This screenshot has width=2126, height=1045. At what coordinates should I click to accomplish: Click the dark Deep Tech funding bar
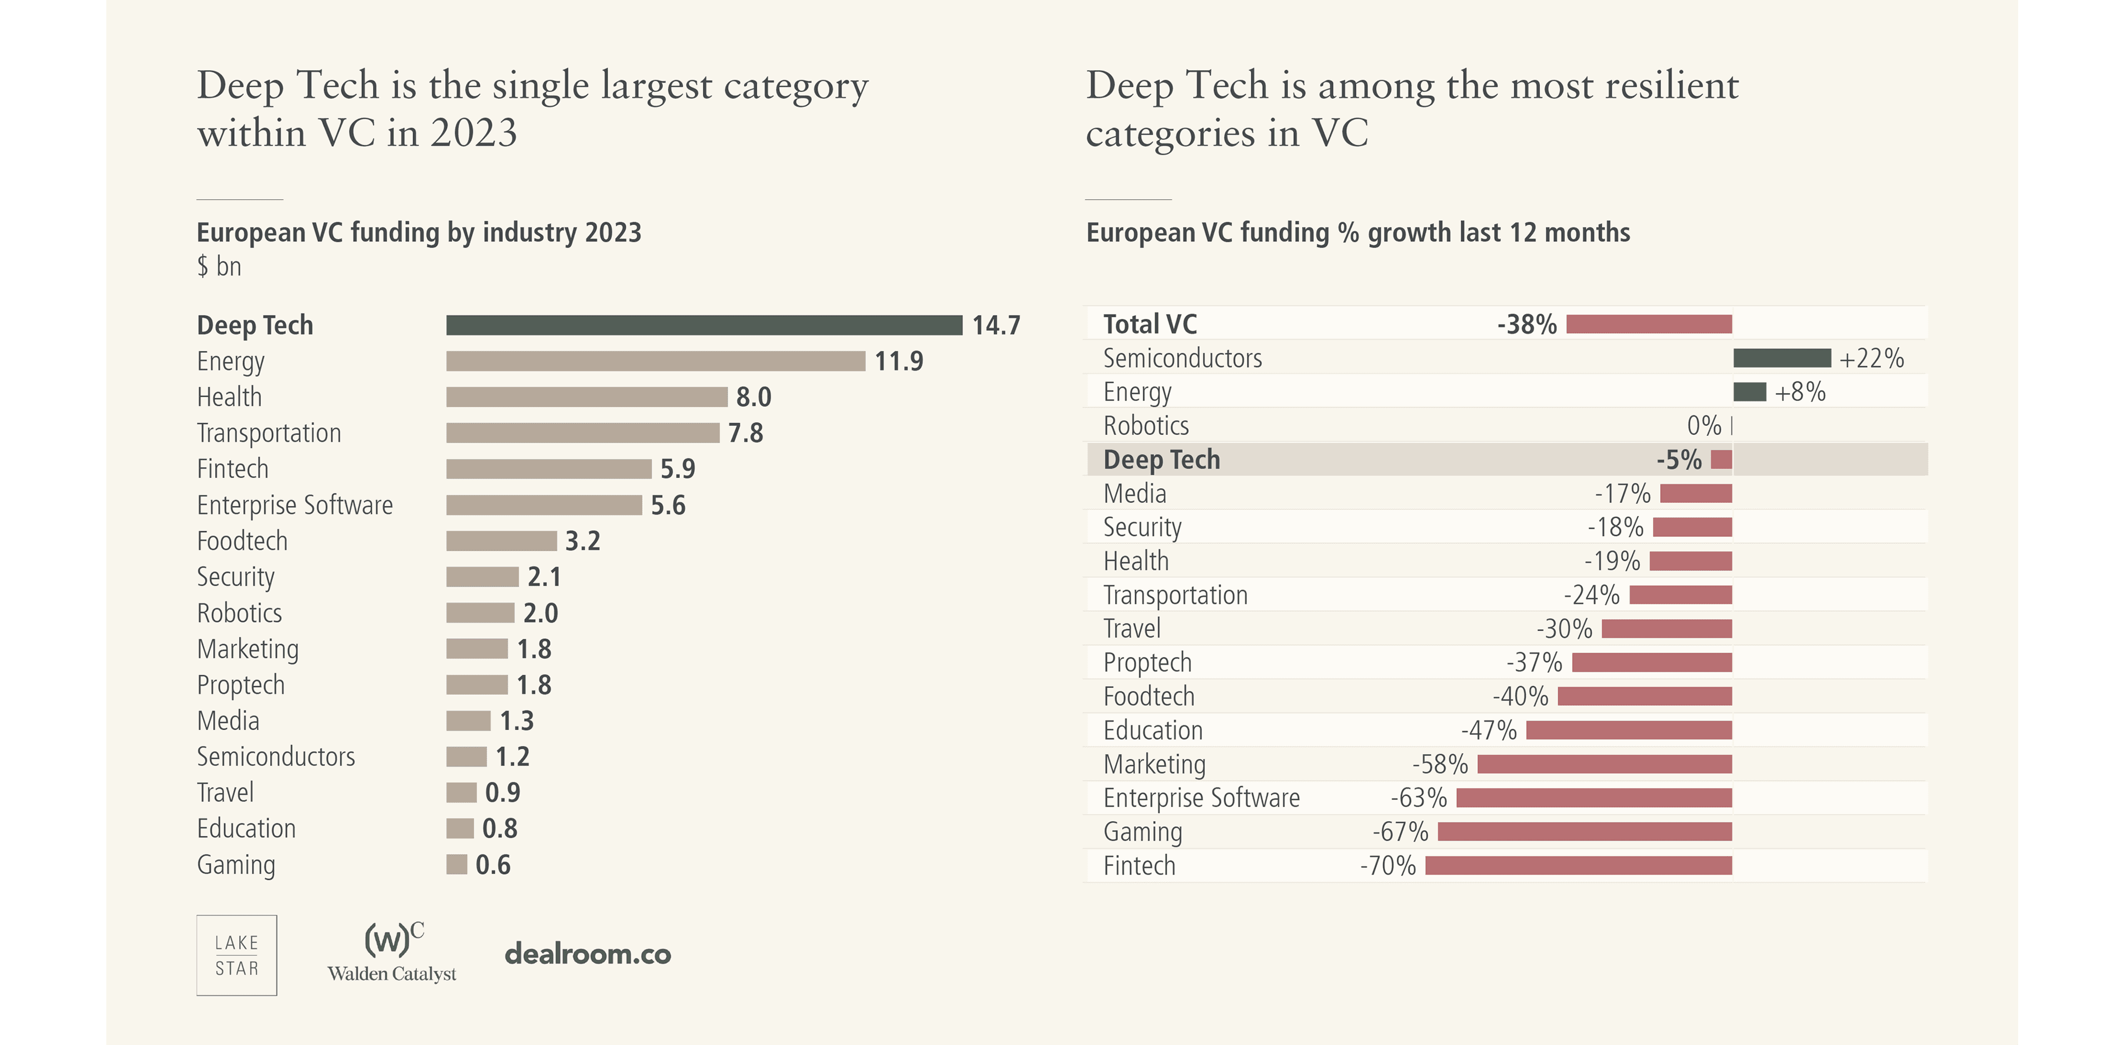(x=704, y=325)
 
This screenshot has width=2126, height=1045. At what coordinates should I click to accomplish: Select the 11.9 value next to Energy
(x=899, y=362)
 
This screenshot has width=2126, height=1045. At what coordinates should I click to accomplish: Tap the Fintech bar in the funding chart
(x=549, y=469)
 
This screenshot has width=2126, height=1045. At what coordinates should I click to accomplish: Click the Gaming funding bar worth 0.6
(x=456, y=865)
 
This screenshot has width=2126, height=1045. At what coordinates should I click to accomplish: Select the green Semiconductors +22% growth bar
(x=1782, y=358)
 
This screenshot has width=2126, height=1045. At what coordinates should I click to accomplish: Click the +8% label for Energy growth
(x=1800, y=392)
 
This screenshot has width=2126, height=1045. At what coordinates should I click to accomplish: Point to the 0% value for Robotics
(x=1704, y=426)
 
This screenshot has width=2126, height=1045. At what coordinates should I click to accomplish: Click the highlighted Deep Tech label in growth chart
(x=1161, y=460)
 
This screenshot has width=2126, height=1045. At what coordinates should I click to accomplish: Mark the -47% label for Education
(x=1489, y=730)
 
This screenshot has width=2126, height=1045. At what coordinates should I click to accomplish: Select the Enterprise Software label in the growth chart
(x=1201, y=798)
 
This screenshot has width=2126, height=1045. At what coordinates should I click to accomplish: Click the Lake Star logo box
(x=237, y=955)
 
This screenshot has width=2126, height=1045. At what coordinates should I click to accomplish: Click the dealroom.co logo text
(x=587, y=954)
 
